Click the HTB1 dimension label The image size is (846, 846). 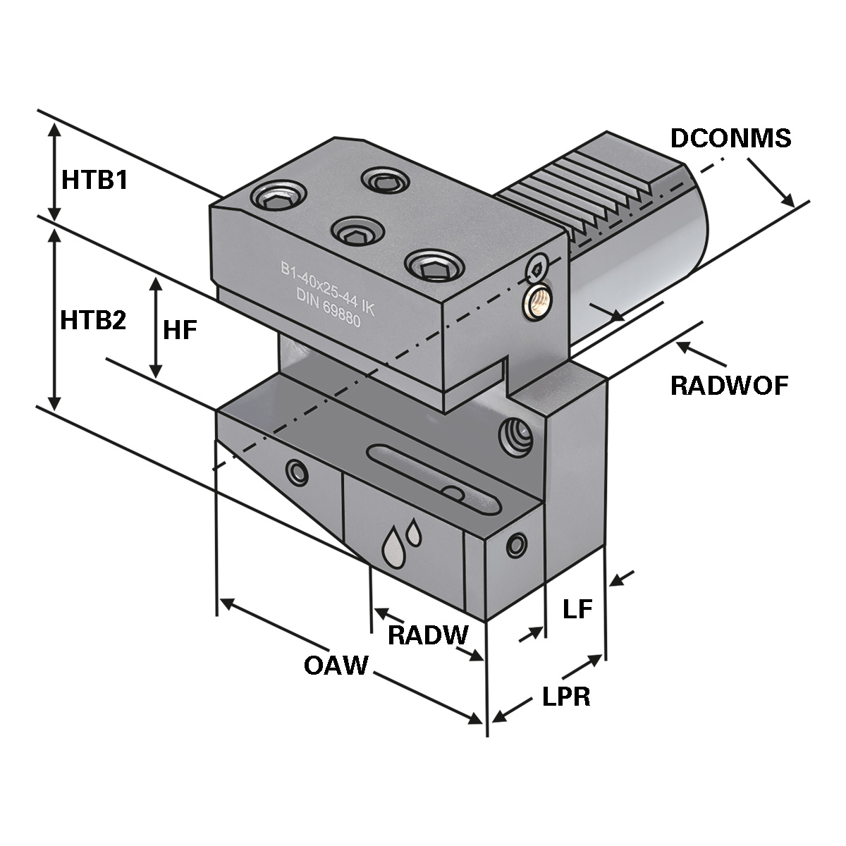coord(94,180)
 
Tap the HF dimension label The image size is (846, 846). coord(179,329)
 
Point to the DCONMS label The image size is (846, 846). coord(730,139)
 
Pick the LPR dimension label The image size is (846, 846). coord(566,697)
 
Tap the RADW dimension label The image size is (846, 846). coord(428,635)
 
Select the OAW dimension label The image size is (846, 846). coord(336,665)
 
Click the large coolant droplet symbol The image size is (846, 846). coord(392,546)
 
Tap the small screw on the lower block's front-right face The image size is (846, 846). coord(517,544)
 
